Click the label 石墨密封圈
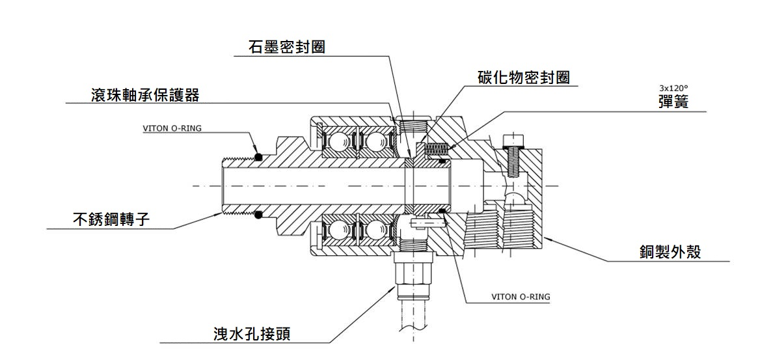(x=286, y=48)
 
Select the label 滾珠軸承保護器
(x=144, y=95)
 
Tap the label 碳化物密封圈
(x=524, y=77)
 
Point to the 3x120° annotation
(x=673, y=88)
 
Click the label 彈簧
(x=673, y=102)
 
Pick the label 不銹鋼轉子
(x=111, y=219)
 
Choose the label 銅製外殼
(x=670, y=252)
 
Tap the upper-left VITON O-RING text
(x=172, y=128)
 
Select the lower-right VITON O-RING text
(x=520, y=297)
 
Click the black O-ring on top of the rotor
(x=259, y=156)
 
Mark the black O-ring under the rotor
(x=259, y=214)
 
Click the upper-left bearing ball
(x=338, y=141)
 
